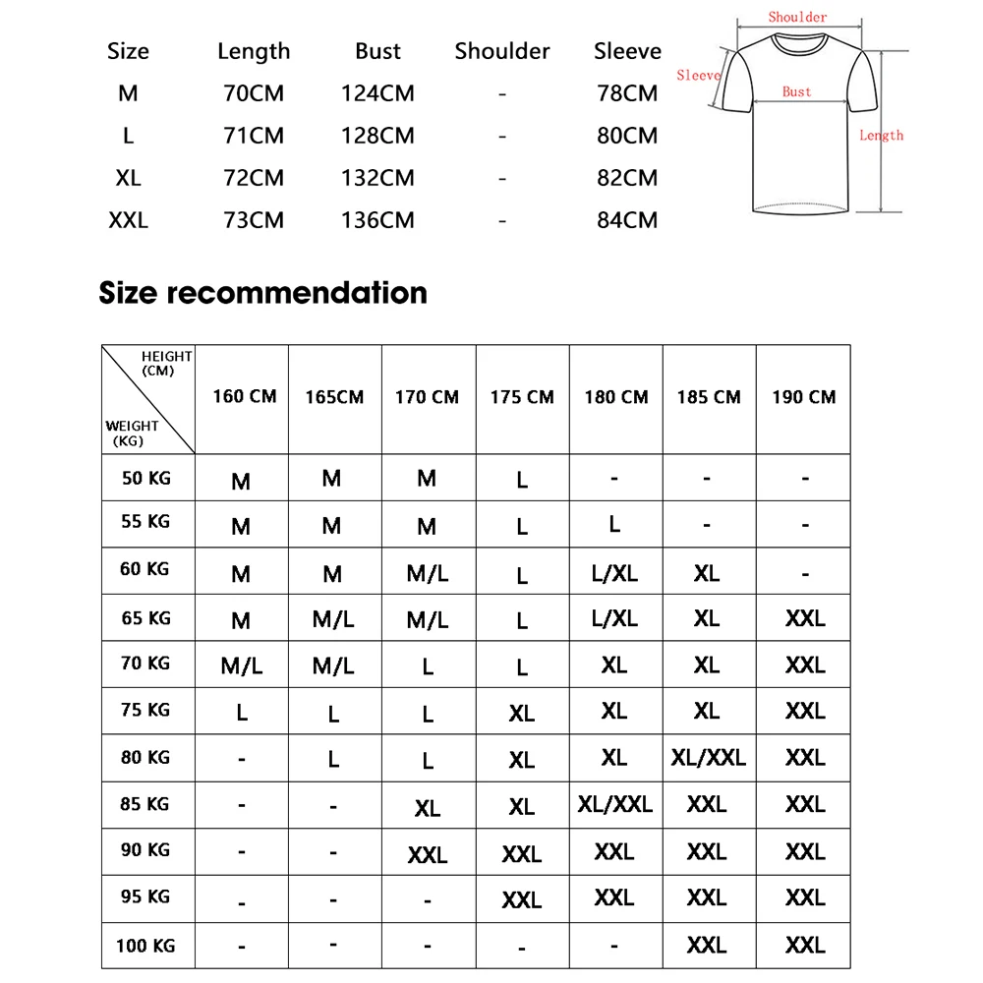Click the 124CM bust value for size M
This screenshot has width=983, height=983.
click(x=377, y=94)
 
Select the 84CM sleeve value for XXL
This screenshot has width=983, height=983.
click(x=627, y=220)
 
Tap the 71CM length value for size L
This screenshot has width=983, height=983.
click(x=254, y=136)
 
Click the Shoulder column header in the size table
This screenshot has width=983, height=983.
click(x=502, y=51)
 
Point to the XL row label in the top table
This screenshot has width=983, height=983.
click(x=129, y=178)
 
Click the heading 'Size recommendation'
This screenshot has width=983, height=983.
click(x=262, y=293)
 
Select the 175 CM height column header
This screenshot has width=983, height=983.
click(x=522, y=397)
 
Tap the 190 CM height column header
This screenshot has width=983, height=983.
click(x=803, y=397)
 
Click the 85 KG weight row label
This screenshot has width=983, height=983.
click(x=145, y=804)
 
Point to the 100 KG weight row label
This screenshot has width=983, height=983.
click(x=145, y=946)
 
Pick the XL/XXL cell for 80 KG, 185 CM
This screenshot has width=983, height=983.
click(x=708, y=757)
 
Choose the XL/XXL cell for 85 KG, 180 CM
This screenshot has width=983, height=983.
click(x=615, y=804)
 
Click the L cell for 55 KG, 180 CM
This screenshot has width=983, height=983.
click(x=614, y=524)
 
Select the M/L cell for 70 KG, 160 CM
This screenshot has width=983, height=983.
click(x=241, y=666)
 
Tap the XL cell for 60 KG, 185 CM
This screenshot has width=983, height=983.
click(x=707, y=572)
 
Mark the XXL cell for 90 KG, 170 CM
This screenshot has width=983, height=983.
click(x=428, y=855)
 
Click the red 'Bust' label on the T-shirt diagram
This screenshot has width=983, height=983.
click(x=797, y=91)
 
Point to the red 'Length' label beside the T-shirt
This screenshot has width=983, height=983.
click(x=881, y=136)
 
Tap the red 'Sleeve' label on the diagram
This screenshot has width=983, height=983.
click(x=698, y=75)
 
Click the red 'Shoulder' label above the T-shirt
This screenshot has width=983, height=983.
click(x=797, y=17)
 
